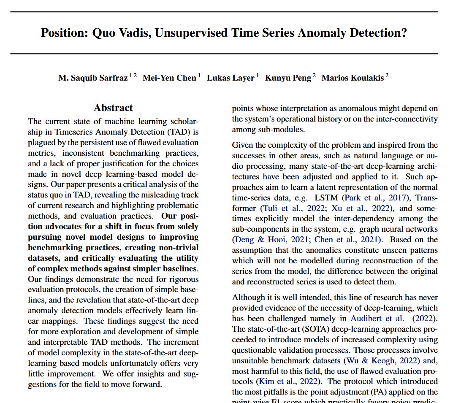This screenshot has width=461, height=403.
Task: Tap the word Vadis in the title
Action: tap(131, 32)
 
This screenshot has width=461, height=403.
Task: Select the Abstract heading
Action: tap(113, 108)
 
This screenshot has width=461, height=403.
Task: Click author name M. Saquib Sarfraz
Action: tap(93, 78)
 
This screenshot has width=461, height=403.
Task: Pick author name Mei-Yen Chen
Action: tap(169, 78)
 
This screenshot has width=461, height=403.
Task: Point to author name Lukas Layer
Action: tap(230, 78)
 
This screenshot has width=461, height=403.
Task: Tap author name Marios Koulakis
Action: tap(353, 78)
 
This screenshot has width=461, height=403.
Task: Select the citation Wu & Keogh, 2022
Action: tap(382, 361)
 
